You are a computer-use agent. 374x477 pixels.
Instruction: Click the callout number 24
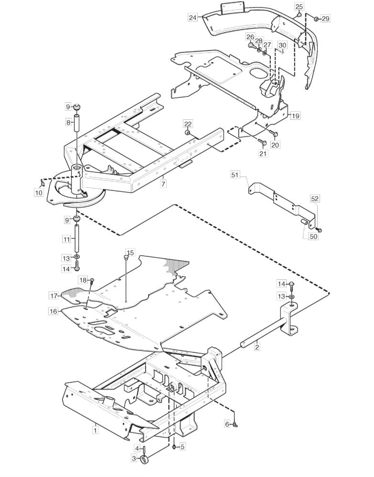pyautogui.click(x=193, y=18)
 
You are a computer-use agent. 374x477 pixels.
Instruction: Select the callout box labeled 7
pyautogui.click(x=163, y=184)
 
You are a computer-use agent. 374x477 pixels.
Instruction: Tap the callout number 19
pyautogui.click(x=295, y=116)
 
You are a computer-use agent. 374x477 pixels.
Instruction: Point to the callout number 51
pyautogui.click(x=244, y=175)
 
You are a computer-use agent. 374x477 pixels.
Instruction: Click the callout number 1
pyautogui.click(x=96, y=430)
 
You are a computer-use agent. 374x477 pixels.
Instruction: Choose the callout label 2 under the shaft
pyautogui.click(x=257, y=347)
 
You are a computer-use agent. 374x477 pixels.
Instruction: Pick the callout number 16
pyautogui.click(x=53, y=311)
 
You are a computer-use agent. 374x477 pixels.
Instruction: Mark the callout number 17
pyautogui.click(x=53, y=295)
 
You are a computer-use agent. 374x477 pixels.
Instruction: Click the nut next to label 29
pyautogui.click(x=316, y=19)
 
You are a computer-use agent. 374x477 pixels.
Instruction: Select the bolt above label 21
pyautogui.click(x=262, y=142)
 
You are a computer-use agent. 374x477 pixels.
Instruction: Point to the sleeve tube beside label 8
pyautogui.click(x=77, y=123)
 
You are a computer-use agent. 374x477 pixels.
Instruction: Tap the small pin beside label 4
pyautogui.click(x=145, y=449)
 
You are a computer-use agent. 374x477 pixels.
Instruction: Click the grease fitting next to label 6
pyautogui.click(x=235, y=425)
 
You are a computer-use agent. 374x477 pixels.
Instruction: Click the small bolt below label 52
pyautogui.click(x=319, y=230)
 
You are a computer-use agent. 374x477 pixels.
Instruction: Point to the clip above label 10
pyautogui.click(x=42, y=183)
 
